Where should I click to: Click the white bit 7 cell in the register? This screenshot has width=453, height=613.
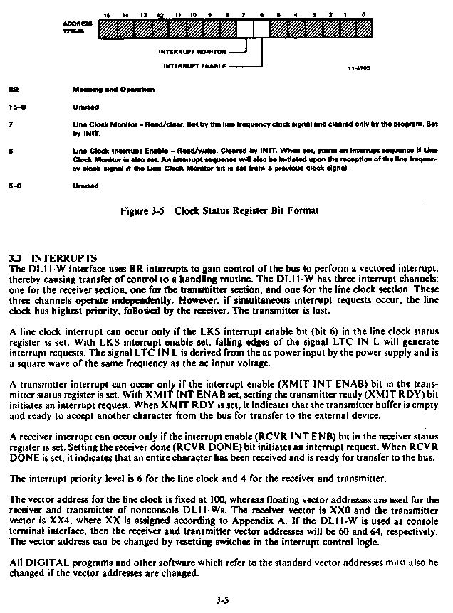244,28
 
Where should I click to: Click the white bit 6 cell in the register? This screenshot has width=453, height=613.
261,28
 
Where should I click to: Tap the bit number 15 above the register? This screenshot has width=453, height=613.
107,14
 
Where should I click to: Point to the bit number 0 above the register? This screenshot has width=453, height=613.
363,14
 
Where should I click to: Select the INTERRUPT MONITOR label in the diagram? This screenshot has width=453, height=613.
192,51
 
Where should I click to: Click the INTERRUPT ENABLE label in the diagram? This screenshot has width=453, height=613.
194,65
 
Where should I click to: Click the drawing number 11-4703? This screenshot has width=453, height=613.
359,69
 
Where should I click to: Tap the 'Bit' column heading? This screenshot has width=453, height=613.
12,90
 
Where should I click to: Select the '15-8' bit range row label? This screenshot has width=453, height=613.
15,107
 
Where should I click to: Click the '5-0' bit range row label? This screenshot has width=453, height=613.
14,186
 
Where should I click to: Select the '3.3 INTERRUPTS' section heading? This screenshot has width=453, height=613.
53,257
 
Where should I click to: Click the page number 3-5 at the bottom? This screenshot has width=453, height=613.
222,600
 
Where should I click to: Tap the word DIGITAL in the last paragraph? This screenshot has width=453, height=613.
45,562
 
